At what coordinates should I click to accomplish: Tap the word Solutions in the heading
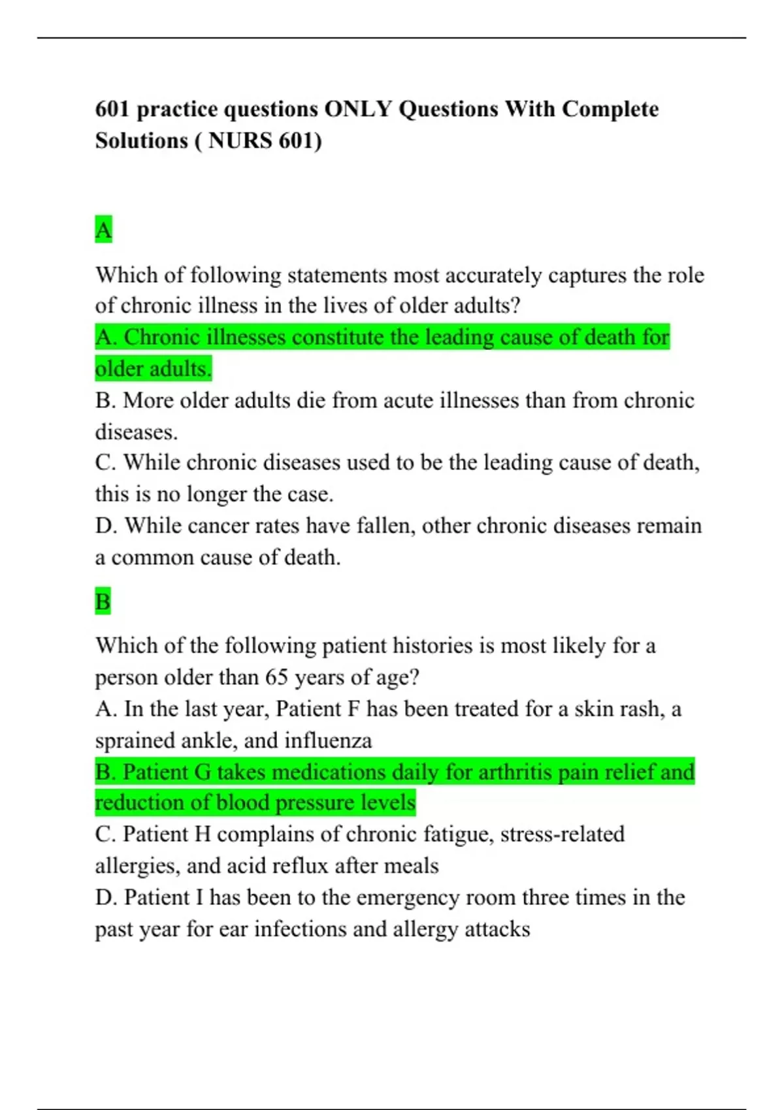coord(141,140)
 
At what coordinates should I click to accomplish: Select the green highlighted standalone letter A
coord(103,230)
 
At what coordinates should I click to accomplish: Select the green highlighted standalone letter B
coord(103,601)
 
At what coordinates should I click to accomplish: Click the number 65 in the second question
coord(276,677)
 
